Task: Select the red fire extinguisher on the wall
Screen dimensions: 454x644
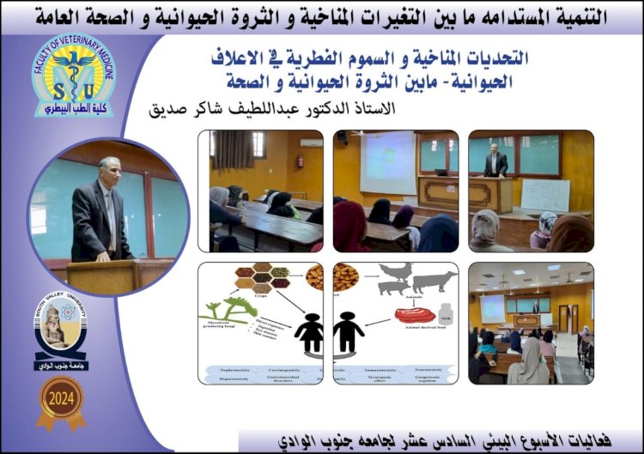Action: click(x=300, y=160)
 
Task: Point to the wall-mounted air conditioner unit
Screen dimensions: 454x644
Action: click(x=311, y=142)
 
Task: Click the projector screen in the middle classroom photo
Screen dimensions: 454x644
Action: click(x=386, y=161)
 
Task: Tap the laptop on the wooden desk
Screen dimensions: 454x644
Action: click(x=441, y=172)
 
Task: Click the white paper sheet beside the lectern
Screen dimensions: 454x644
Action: click(x=545, y=195)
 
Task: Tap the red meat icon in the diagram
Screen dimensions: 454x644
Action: click(x=418, y=313)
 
